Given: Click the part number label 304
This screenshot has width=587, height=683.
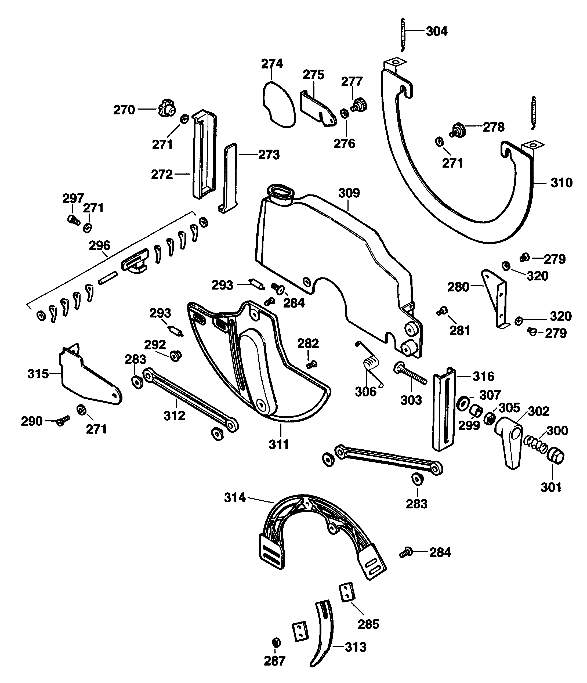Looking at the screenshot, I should point(436,32).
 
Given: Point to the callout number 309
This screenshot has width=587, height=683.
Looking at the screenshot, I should point(349,193).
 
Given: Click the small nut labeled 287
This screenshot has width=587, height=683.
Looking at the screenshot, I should point(276,642).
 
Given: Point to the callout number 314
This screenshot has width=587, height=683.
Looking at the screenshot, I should point(235,497).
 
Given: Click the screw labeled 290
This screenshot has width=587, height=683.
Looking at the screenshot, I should point(63,421).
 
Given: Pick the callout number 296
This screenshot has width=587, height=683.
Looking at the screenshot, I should point(100,245).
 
